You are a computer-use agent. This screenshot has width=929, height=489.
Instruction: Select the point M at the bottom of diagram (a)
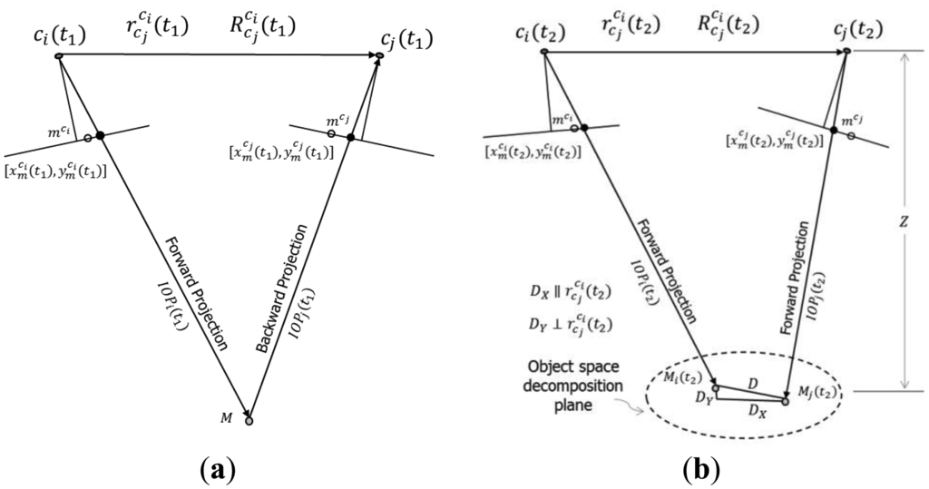click(x=249, y=420)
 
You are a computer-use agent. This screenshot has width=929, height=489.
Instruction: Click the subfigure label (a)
click(x=218, y=468)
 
